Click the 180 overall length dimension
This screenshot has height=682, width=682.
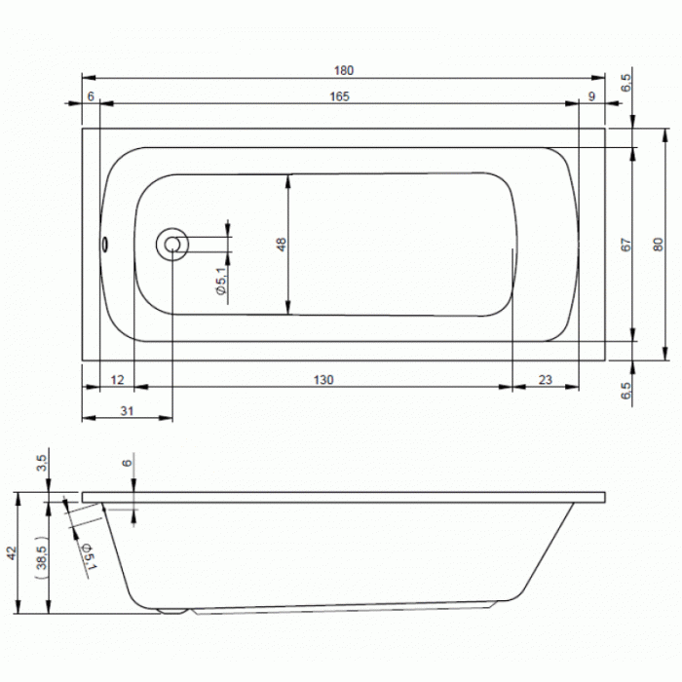[x=344, y=70]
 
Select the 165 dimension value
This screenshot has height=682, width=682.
[x=339, y=96]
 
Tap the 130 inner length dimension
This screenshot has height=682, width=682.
[x=323, y=380]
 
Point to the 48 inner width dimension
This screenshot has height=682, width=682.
[x=282, y=245]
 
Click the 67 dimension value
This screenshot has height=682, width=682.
[x=625, y=245]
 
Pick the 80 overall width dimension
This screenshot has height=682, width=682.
[x=658, y=245]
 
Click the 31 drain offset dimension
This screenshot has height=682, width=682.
[x=127, y=411]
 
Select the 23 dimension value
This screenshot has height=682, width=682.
[x=546, y=380]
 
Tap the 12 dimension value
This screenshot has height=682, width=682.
[x=118, y=380]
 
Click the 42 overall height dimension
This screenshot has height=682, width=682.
[x=12, y=553]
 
